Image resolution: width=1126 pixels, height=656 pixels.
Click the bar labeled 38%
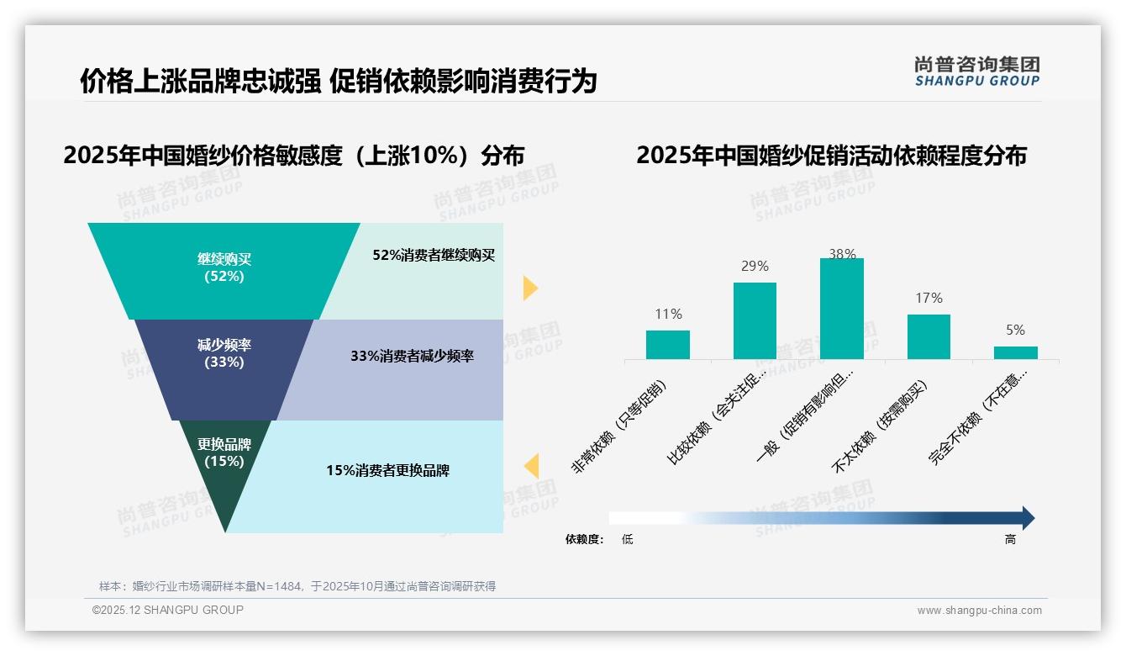841,309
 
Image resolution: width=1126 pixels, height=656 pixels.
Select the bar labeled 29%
755,320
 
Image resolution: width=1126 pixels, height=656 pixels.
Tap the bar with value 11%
667,345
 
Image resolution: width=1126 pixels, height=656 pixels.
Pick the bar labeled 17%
929,336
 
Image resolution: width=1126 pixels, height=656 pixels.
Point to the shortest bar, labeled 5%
1015,352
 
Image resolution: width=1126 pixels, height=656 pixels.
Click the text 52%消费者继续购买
434,255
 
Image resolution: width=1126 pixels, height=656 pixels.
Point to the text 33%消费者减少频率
412,356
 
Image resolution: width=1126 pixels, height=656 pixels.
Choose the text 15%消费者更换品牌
387,470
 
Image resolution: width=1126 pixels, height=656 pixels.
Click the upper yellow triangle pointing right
529,288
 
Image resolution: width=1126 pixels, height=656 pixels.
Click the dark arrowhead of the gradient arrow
1028,518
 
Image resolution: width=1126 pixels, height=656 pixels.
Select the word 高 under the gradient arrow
1010,539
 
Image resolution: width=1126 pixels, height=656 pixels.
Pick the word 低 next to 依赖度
627,539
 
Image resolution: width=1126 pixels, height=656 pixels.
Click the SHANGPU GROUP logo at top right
976,71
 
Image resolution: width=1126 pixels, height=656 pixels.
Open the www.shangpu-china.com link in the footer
979,611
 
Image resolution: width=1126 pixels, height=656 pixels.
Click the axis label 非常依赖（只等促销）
619,428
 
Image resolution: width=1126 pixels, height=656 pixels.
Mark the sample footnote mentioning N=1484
297,586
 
